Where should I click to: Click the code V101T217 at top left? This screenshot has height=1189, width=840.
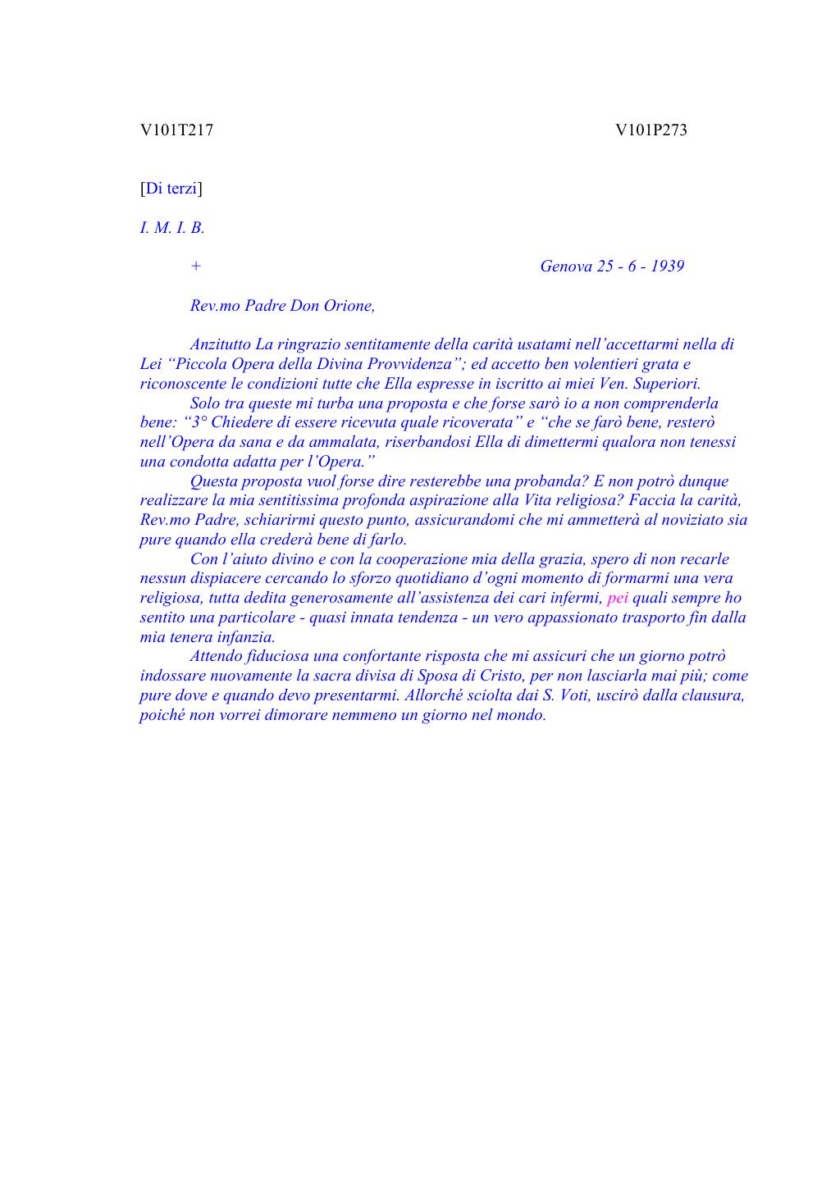click(x=176, y=130)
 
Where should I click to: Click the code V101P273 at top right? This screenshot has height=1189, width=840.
click(x=651, y=130)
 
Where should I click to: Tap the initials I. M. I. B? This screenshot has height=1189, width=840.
click(x=171, y=228)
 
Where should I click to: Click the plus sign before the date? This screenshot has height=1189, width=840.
click(x=195, y=266)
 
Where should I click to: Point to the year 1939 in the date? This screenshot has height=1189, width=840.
click(x=667, y=266)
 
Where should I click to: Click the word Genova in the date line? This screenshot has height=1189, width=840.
click(x=565, y=266)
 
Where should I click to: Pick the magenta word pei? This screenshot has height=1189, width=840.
click(x=617, y=598)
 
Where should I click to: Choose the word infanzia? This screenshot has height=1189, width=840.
click(x=246, y=637)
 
